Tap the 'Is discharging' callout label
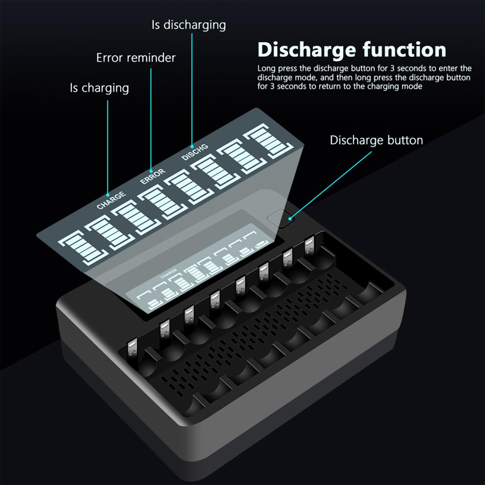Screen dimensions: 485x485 click(x=189, y=25)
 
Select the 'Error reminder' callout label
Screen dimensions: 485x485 click(x=136, y=58)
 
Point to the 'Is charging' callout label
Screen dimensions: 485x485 click(x=99, y=88)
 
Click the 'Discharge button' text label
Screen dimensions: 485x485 click(x=376, y=140)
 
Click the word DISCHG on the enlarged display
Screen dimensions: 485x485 click(x=195, y=152)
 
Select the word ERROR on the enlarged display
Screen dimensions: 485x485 click(x=153, y=176)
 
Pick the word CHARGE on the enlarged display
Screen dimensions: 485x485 click(x=111, y=200)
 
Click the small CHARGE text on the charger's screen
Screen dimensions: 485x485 click(x=169, y=273)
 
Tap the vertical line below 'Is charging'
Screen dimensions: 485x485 click(x=108, y=145)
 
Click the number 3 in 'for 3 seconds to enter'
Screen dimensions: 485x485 click(x=392, y=69)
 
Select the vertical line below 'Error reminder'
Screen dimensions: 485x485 click(x=151, y=118)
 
